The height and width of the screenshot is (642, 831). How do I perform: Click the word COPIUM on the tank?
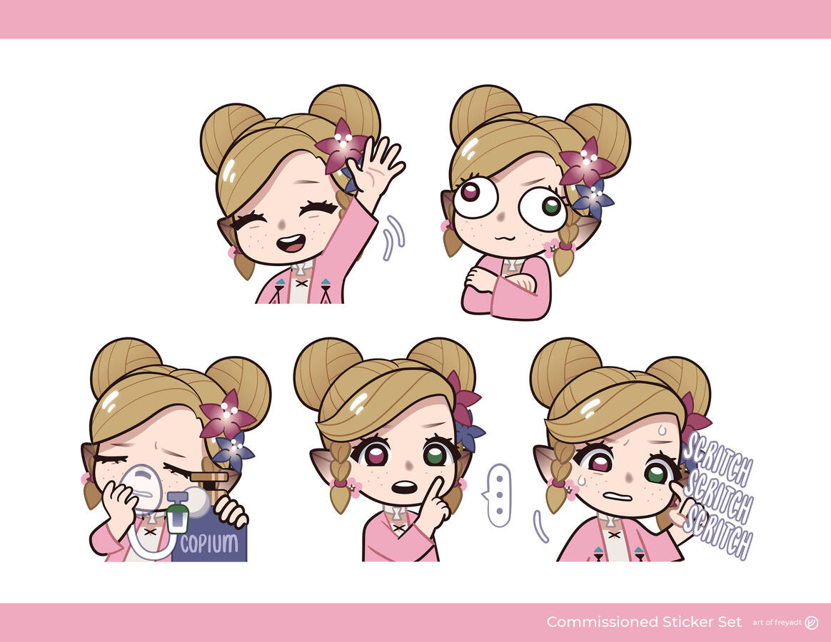(x=209, y=544)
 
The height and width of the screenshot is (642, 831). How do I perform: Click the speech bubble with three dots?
(x=498, y=496)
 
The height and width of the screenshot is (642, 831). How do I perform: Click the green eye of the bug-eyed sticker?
(x=551, y=205)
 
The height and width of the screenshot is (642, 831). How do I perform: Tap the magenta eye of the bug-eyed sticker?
(x=470, y=191)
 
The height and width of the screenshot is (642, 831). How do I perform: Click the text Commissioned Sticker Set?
(x=644, y=622)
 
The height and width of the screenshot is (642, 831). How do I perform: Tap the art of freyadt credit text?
(x=777, y=623)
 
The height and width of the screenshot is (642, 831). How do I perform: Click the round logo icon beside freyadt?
(x=812, y=623)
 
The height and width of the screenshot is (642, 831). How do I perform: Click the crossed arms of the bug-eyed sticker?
(x=503, y=280)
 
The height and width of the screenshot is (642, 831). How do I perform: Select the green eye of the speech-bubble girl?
(x=435, y=454)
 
